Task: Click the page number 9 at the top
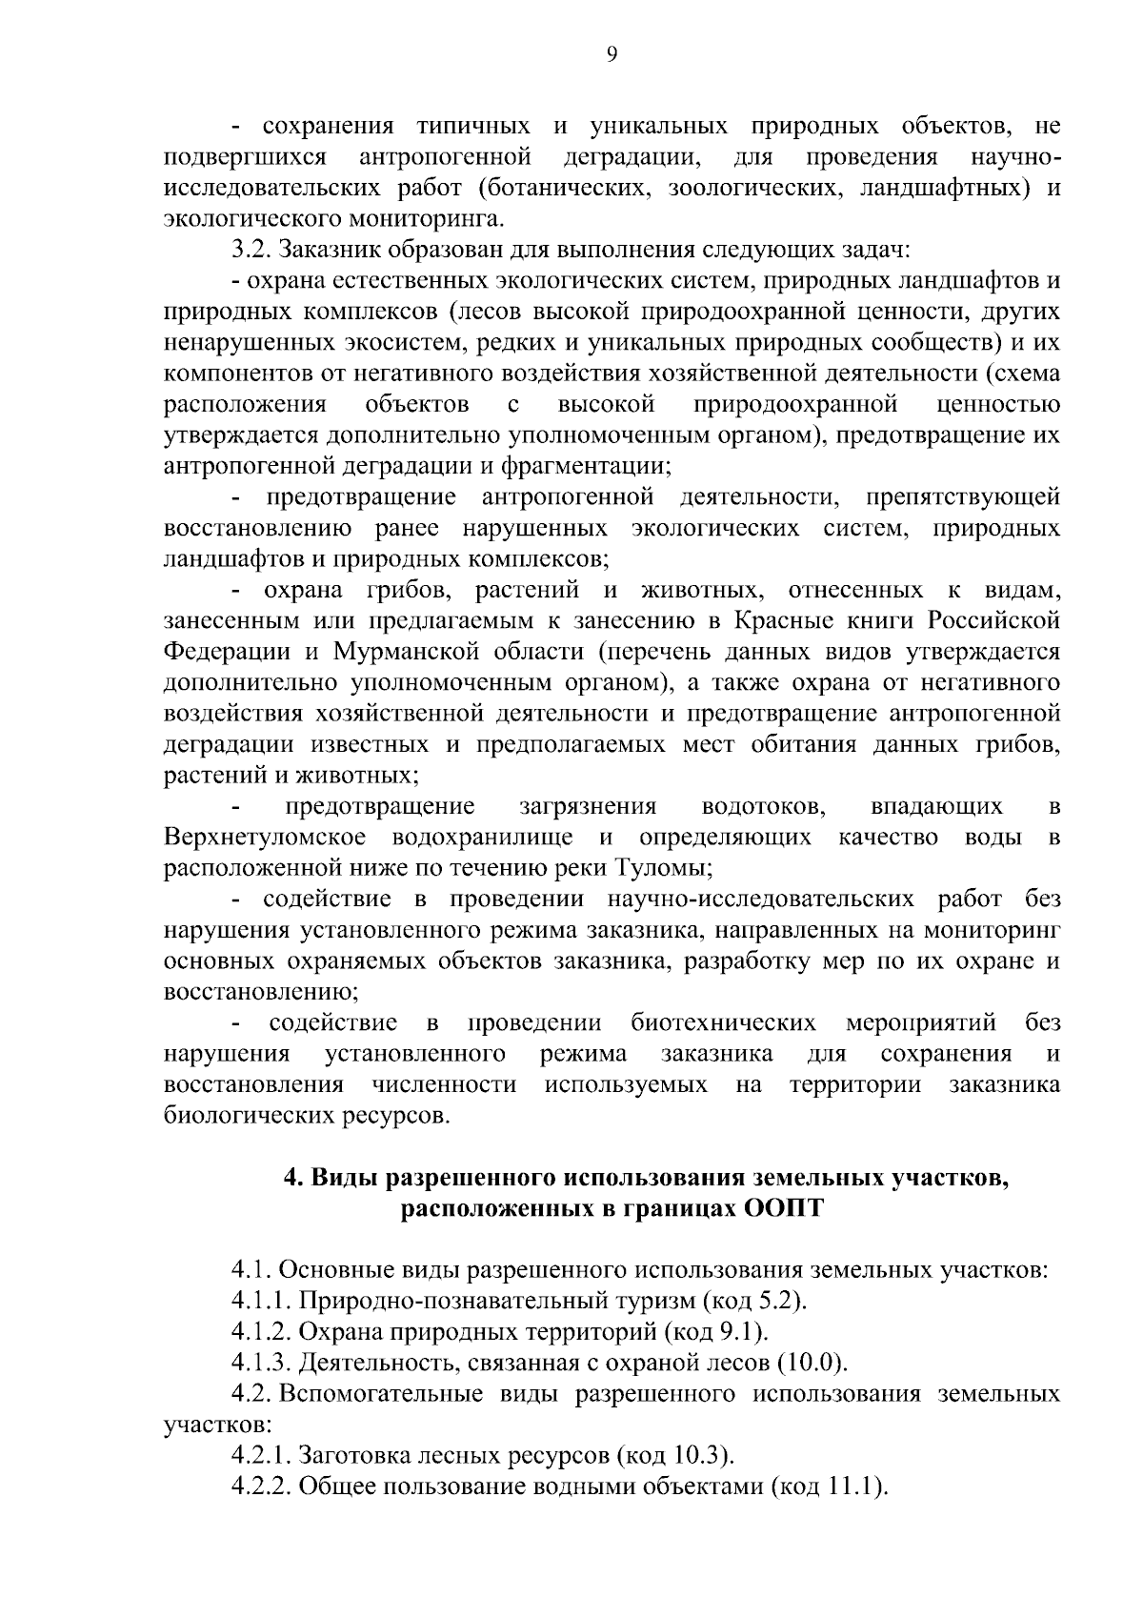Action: [x=612, y=55]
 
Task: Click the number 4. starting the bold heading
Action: [x=295, y=1178]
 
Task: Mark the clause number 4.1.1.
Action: [x=261, y=1301]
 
